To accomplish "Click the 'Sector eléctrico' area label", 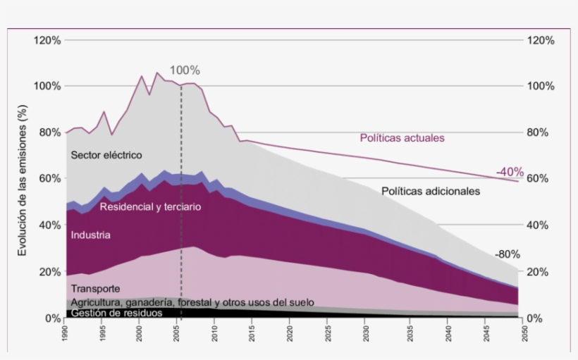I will coord(106,155).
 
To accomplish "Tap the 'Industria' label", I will coord(90,235).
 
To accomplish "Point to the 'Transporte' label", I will coord(95,289).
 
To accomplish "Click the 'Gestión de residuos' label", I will coord(117,313).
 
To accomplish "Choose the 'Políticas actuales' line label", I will coord(402,138).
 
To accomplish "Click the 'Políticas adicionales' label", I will coord(431,191).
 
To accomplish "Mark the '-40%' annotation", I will coord(509,172).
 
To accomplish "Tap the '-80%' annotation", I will coord(508,254).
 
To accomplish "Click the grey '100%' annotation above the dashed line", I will coord(185,70).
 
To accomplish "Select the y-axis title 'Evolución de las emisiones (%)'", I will coord(23,180).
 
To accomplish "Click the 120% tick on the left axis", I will coord(48,40).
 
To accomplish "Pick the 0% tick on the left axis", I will coord(54,318).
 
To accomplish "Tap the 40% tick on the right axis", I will coord(540,225).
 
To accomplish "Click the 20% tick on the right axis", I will coord(540,272).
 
